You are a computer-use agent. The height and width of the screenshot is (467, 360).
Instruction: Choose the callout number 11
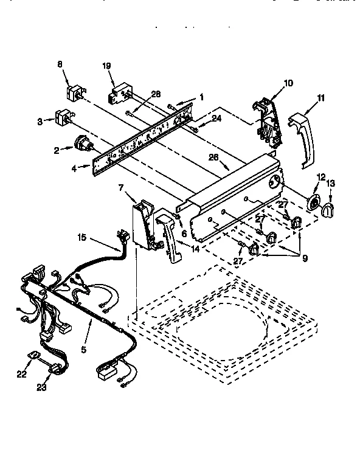(320, 97)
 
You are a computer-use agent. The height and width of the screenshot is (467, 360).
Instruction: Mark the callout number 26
(213, 156)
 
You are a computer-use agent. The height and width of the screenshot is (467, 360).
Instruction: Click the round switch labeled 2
(81, 144)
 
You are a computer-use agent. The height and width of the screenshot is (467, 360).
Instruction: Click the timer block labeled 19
(119, 93)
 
